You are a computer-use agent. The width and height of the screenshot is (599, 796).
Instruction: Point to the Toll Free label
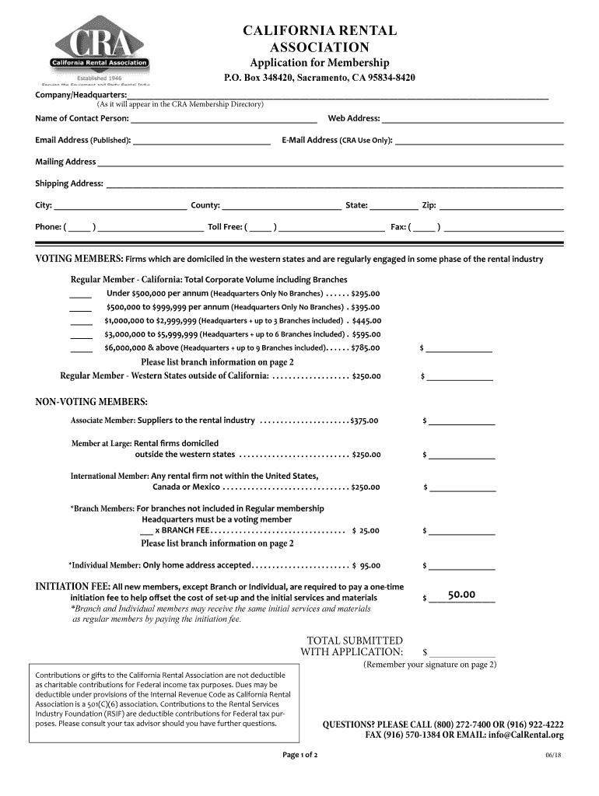coord(224,227)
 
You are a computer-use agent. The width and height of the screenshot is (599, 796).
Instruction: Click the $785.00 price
coord(365,347)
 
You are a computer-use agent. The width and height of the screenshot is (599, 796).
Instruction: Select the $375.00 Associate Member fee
coord(364,421)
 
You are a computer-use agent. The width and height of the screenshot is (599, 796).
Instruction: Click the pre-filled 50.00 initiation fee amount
coord(461,595)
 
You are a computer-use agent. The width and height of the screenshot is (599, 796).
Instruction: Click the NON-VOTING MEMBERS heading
coord(92,402)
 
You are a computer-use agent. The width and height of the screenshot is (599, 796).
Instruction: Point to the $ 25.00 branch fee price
coord(366,531)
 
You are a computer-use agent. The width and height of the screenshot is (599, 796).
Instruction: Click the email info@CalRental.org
coord(526,735)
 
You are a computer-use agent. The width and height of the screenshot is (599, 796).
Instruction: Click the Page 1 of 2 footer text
coord(299,756)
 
